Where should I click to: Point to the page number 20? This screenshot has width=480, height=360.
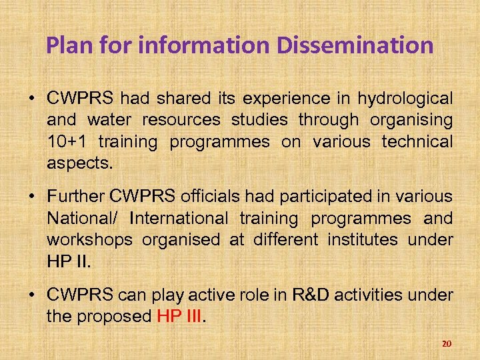pyautogui.click(x=447, y=343)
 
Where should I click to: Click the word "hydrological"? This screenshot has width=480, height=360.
pyautogui.click(x=405, y=99)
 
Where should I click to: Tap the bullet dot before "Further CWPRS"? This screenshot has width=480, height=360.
pyautogui.click(x=32, y=197)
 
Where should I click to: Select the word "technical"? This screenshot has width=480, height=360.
pyautogui.click(x=417, y=142)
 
